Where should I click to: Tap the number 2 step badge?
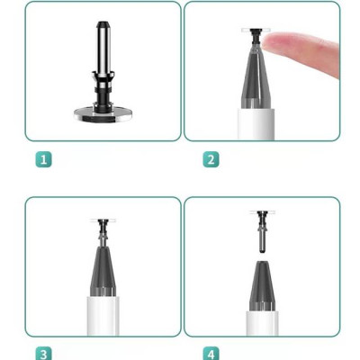coord(211,159)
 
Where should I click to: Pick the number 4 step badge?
coord(211,353)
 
